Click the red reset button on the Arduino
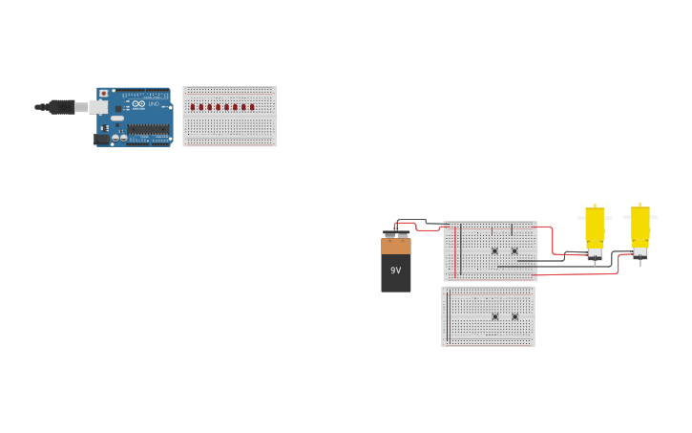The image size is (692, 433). coord(103,94)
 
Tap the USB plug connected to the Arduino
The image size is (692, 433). coord(61,107)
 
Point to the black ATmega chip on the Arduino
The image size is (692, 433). coord(148,129)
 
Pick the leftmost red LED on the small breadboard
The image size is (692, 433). coord(192,107)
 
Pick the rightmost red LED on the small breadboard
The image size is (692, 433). coord(252,107)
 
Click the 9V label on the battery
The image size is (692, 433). coord(396,271)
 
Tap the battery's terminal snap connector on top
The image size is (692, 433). coord(396,234)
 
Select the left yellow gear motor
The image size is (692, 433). coord(595,226)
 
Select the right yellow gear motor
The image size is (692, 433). coord(640,226)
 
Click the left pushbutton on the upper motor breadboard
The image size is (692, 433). coord(494,250)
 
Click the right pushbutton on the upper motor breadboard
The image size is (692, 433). coord(514,250)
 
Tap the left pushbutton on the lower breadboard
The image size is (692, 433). coord(494,316)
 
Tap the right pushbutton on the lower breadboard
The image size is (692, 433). coord(514,316)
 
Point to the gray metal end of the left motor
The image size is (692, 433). coord(595,253)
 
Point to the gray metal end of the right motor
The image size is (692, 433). coord(640,253)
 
